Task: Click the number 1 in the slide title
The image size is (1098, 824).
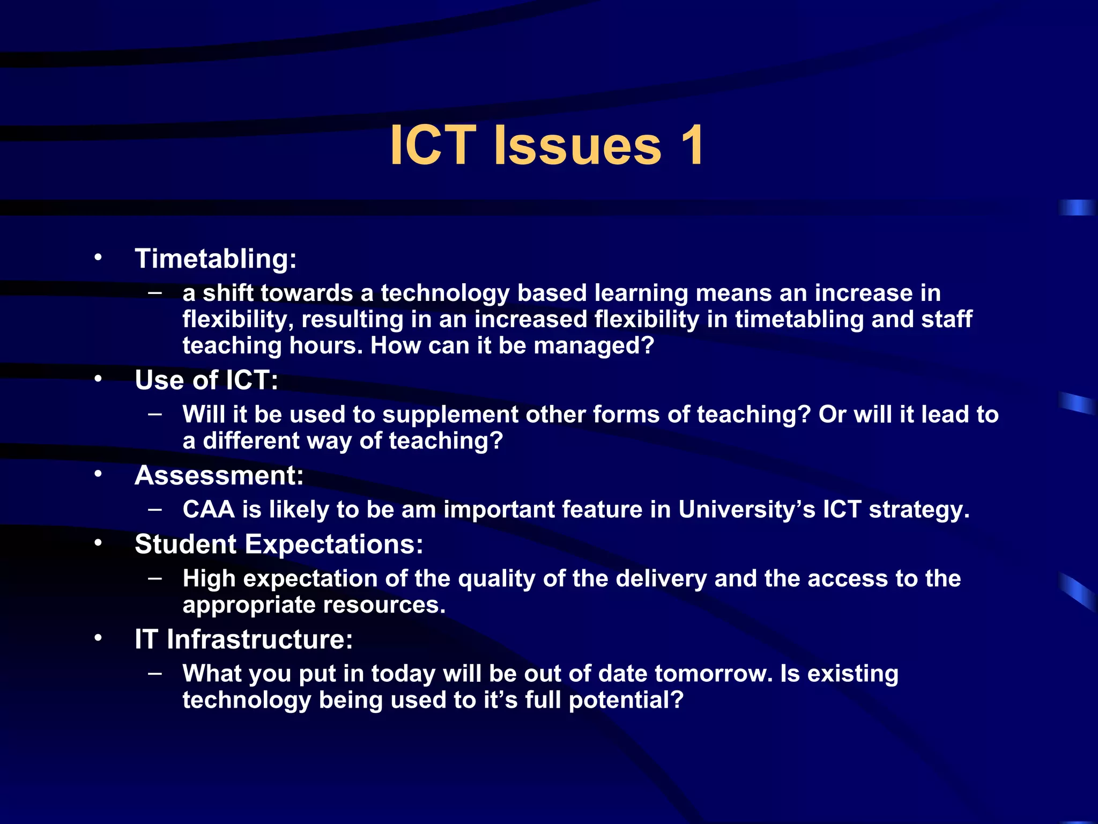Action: click(x=692, y=145)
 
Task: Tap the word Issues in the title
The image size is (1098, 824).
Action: click(x=577, y=145)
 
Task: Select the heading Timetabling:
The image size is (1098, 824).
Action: click(x=216, y=259)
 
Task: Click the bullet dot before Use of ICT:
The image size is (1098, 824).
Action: click(x=98, y=379)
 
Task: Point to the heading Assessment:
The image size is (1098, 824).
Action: click(x=219, y=475)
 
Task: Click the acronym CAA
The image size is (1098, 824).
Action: click(x=209, y=509)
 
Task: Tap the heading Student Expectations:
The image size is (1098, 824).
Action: click(x=279, y=544)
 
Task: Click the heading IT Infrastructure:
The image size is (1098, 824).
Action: click(x=243, y=639)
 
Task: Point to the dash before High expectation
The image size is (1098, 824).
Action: click(x=155, y=578)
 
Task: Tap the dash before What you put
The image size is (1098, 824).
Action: click(x=155, y=673)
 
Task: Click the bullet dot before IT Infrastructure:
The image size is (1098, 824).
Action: click(x=98, y=638)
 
